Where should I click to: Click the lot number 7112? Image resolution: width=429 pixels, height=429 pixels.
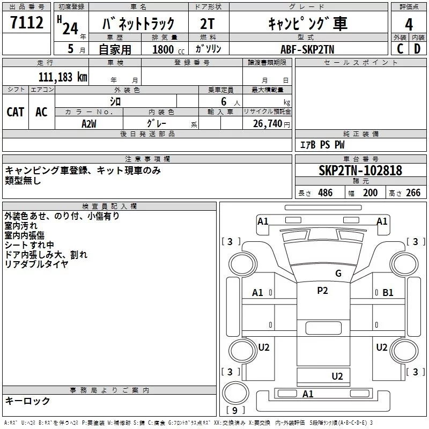27,23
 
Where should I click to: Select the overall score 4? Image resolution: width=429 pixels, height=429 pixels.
409,24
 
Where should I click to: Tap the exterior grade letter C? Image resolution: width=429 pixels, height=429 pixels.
400,49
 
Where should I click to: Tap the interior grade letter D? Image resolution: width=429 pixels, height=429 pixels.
417,49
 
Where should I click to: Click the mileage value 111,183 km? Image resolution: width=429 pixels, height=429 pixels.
63,77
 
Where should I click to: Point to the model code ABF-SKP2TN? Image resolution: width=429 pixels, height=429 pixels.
307,49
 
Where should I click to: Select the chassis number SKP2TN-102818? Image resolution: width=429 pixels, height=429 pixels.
360,171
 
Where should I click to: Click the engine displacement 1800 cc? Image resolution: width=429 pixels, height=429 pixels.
168,49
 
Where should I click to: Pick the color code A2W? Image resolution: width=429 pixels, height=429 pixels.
89,124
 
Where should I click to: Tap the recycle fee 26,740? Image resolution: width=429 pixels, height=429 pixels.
268,124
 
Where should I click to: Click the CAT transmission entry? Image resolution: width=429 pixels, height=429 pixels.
16,112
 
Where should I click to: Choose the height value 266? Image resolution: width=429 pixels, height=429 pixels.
413,193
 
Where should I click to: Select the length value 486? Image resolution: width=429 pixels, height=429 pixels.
326,193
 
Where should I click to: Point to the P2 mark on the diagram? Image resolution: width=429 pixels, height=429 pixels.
322,290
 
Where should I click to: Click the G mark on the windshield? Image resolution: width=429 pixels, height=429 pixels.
338,273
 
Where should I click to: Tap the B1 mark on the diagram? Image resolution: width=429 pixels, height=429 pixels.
388,293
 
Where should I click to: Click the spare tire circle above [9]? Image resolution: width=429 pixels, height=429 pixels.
235,393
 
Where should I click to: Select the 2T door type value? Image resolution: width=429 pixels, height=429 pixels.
208,24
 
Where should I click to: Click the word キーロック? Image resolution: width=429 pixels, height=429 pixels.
27,401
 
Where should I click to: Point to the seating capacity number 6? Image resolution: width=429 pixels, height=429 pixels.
224,101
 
